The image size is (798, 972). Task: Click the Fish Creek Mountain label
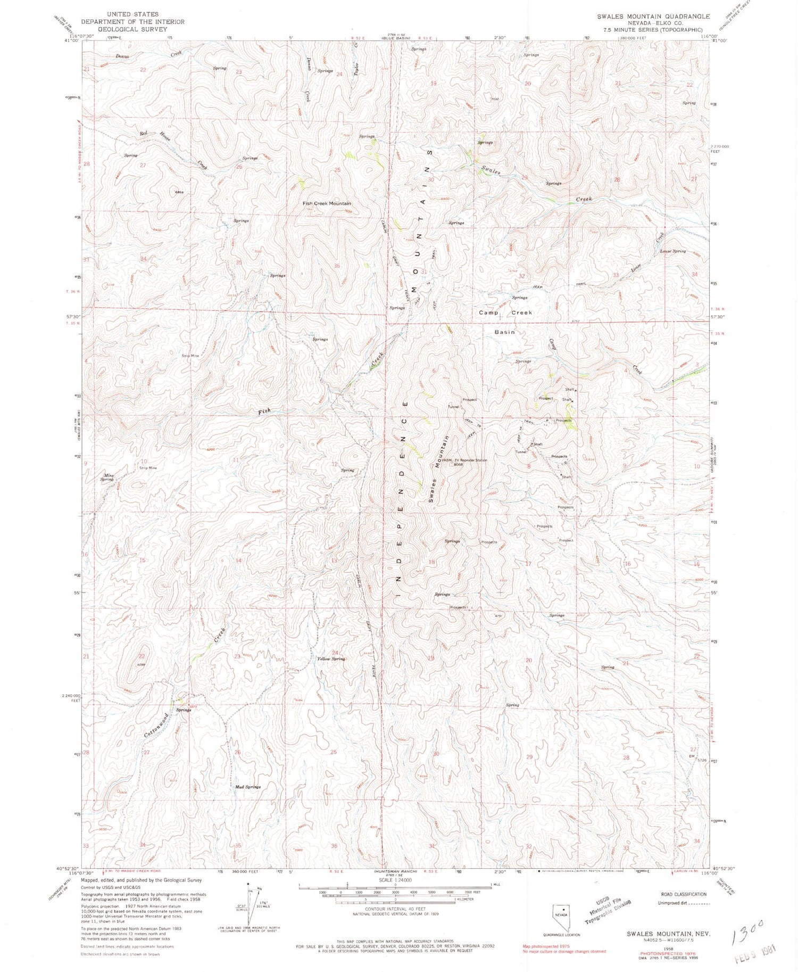pyautogui.click(x=327, y=203)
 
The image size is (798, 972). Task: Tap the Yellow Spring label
pyautogui.click(x=331, y=658)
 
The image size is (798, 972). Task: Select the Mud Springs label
pyautogui.click(x=247, y=786)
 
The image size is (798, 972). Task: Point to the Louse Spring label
pyautogui.click(x=672, y=251)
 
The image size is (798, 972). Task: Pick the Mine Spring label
pyautogui.click(x=108, y=477)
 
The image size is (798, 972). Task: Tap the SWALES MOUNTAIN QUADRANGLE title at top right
pyautogui.click(x=653, y=17)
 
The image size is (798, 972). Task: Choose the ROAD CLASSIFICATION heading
pyautogui.click(x=683, y=894)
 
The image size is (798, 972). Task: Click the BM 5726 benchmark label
pyautogui.click(x=696, y=758)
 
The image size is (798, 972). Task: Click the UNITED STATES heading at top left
pyautogui.click(x=132, y=14)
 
